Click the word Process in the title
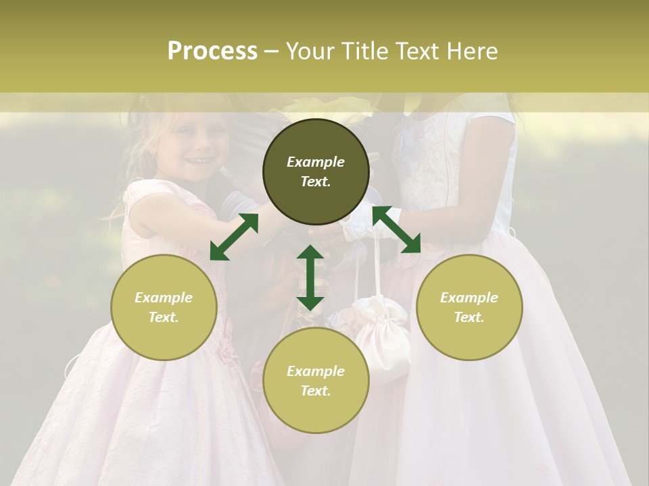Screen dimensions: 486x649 212,51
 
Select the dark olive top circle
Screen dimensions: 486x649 316,171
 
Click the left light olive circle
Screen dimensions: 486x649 164,307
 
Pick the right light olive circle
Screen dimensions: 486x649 469,307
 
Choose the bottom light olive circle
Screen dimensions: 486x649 316,381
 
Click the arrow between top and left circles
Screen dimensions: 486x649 234,237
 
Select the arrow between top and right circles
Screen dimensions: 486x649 397,230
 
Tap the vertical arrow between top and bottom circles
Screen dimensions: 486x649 310,277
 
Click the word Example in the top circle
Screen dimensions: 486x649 316,162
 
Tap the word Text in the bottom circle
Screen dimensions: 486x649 316,391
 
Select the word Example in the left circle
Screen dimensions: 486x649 164,298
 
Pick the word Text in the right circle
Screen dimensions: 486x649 469,317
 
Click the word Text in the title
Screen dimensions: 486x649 416,51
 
